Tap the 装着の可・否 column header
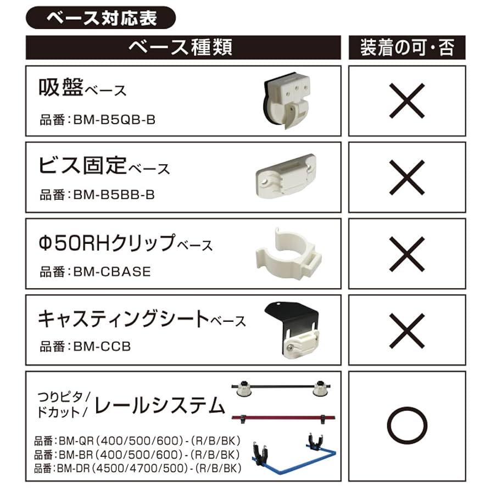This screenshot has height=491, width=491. (407, 47)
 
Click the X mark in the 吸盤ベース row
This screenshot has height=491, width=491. (407, 101)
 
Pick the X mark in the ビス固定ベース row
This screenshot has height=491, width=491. (407, 178)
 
